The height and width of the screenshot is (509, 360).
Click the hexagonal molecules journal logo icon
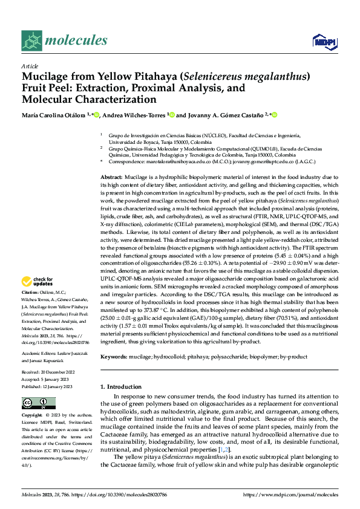coord(31,41)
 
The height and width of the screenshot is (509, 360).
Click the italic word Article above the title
coord(30,66)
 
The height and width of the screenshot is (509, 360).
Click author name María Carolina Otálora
coord(54,114)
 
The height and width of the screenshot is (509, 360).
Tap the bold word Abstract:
coord(113,175)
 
